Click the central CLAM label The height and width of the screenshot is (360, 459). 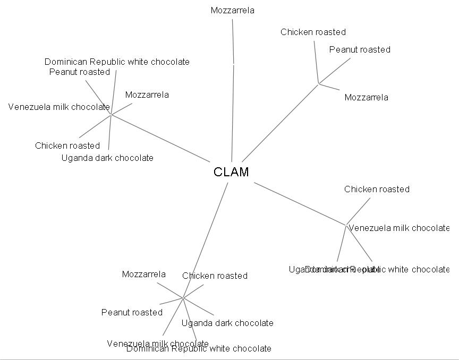(231, 172)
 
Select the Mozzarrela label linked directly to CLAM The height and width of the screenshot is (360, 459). (232, 10)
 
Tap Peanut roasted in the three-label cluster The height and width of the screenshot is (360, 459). (360, 49)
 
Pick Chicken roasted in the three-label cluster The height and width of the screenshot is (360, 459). (313, 32)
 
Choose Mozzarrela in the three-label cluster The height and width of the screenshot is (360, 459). (366, 97)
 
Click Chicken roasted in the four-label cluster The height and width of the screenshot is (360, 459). (377, 189)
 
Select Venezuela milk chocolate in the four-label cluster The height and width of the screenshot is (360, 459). (398, 228)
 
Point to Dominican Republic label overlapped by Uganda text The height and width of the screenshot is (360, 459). (404, 269)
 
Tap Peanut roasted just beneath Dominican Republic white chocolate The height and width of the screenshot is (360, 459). (80, 72)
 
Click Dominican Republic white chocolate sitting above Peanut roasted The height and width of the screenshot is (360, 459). (117, 62)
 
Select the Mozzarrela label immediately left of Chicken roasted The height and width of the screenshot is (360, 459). (143, 274)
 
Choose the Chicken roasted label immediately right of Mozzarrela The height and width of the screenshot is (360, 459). (215, 276)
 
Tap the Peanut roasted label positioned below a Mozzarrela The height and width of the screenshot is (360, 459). (132, 312)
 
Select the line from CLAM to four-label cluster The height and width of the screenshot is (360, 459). (300, 203)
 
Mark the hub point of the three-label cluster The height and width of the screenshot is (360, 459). (318, 83)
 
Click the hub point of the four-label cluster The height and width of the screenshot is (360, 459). (346, 224)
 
